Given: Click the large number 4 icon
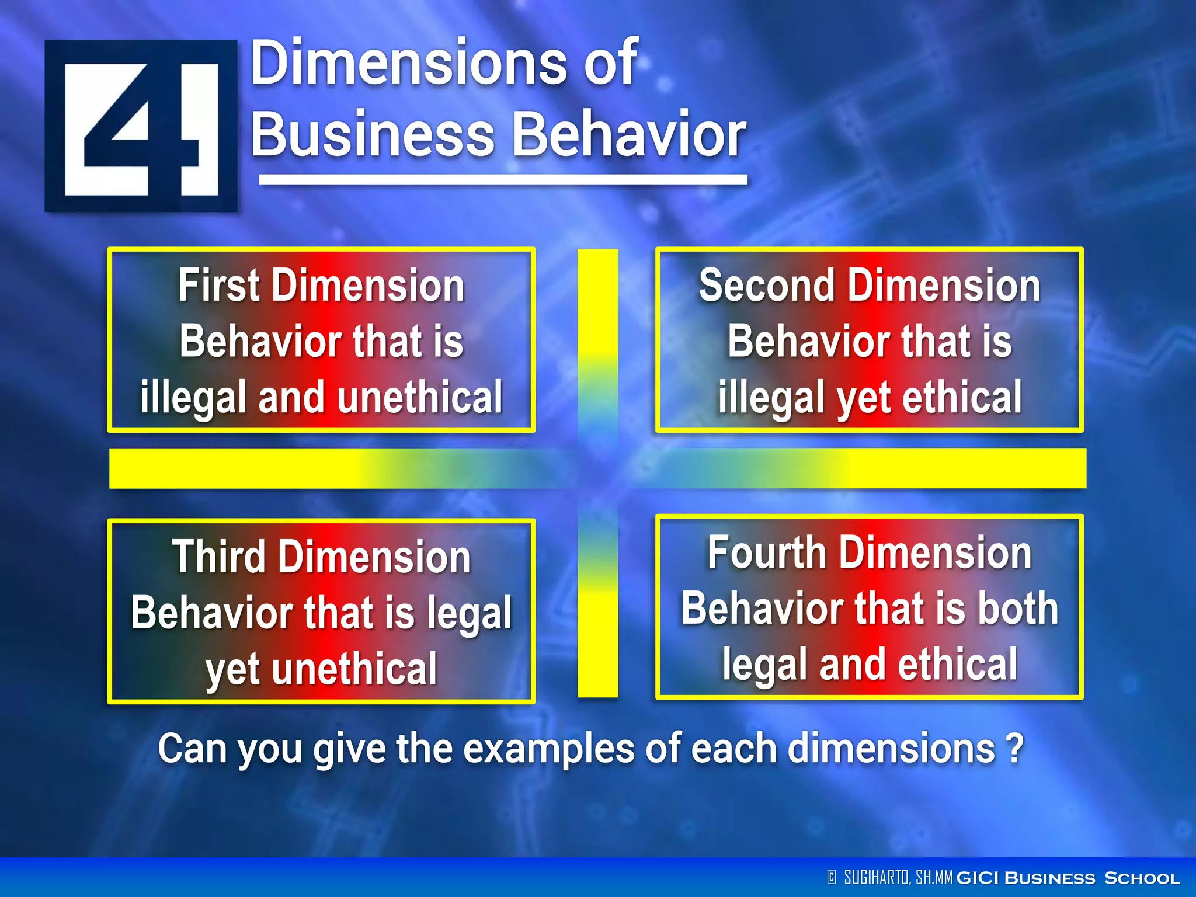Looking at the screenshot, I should (x=141, y=126).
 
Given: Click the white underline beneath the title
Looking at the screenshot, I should (x=503, y=180).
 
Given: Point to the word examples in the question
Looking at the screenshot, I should (x=549, y=749).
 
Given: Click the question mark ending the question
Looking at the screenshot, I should (x=1015, y=749).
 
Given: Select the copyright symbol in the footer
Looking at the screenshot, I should (x=832, y=877).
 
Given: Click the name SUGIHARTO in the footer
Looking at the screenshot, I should (x=876, y=877).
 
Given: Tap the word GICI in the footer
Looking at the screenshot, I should (x=979, y=878).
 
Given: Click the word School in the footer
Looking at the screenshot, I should (x=1142, y=878).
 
